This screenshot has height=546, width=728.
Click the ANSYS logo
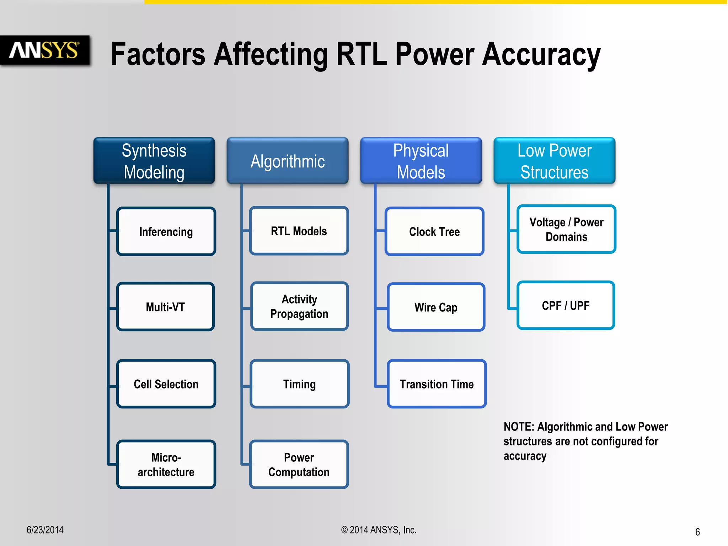44,50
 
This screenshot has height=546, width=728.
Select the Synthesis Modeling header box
154,161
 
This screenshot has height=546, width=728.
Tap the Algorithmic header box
288,161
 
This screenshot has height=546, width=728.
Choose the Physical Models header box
421,161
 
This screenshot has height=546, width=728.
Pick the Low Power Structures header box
554,161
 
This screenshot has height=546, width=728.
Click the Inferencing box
166,231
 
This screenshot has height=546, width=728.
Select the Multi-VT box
165,307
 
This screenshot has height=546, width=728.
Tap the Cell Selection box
166,384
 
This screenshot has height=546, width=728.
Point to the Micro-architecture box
166,464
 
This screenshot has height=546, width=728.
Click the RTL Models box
299,231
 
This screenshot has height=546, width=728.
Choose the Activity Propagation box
299,306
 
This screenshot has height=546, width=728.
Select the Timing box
299,384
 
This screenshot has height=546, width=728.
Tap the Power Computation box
299,464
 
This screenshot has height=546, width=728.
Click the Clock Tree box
434,231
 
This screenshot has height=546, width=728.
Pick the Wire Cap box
436,307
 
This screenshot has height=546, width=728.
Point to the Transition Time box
437,384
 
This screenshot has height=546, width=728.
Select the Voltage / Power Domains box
566,229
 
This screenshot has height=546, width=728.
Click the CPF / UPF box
566,305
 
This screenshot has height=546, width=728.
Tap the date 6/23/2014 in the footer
45,530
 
